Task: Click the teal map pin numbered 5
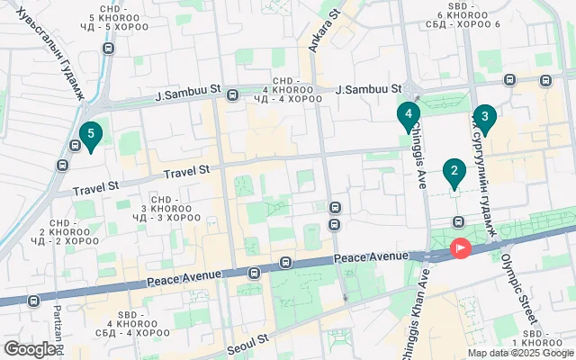[90, 136]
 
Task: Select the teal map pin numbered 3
[484, 116]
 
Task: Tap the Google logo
[30, 349]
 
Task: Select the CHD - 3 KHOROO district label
[166, 208]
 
